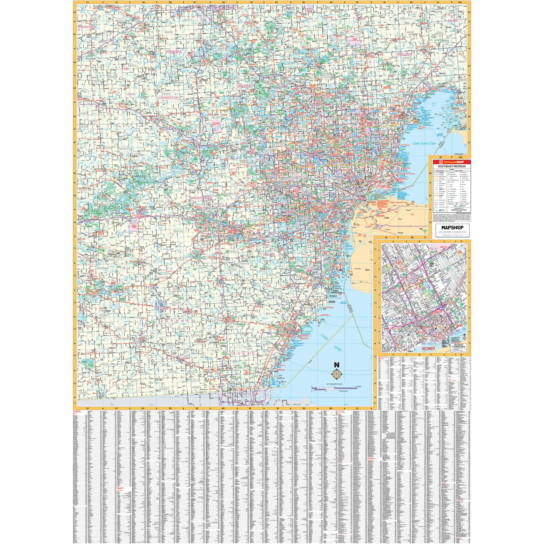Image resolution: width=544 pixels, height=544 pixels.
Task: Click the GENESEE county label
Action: (x=173, y=52)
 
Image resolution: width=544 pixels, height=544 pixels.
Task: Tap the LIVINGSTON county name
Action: (x=168, y=97)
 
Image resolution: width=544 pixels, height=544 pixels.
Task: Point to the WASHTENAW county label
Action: (x=201, y=198)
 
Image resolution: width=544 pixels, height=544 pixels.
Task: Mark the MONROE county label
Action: (x=245, y=353)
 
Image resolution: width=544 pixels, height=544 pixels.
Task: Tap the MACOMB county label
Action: (x=404, y=54)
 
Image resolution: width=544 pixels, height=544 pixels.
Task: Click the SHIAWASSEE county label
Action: (x=87, y=27)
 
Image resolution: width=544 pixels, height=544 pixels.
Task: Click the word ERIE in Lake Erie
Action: (x=338, y=349)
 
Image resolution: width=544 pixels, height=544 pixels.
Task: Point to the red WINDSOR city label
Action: (x=380, y=216)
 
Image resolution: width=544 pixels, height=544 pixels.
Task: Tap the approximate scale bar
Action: (x=334, y=389)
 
